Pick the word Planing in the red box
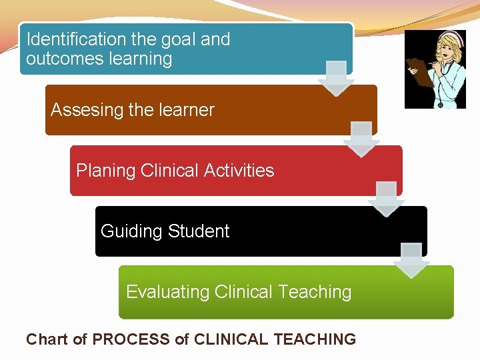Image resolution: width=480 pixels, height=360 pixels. point(106,171)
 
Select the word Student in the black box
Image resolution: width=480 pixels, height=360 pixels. point(199,231)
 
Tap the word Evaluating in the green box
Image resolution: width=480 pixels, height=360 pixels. point(167,292)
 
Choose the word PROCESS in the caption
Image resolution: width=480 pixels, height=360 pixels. point(131,339)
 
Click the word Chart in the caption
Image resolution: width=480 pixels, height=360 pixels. point(47,339)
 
